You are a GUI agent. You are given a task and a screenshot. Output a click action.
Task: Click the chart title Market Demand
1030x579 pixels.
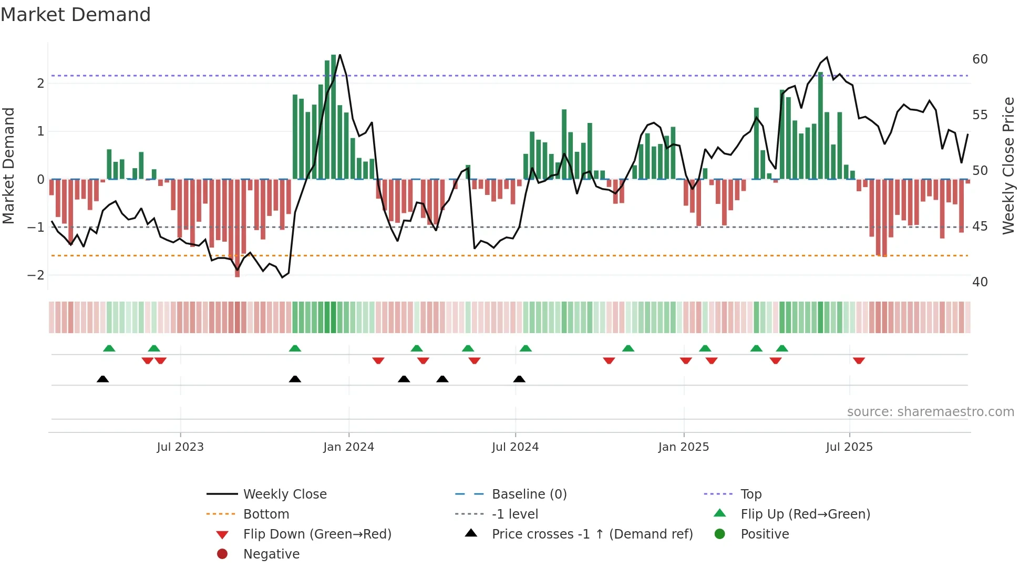point(76,15)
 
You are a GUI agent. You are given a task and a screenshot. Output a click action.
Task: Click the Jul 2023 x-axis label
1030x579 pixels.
point(180,447)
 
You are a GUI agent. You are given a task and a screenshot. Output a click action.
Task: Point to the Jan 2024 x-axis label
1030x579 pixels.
point(348,447)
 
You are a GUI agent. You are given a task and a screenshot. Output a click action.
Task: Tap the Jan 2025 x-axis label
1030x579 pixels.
point(683,447)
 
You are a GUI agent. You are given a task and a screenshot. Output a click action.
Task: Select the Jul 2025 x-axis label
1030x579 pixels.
point(849,447)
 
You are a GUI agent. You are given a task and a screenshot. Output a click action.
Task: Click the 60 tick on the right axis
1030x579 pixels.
point(980,59)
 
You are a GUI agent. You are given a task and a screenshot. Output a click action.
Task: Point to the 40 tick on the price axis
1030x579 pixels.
point(980,282)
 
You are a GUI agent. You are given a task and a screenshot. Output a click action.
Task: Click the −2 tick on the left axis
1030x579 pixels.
point(36,275)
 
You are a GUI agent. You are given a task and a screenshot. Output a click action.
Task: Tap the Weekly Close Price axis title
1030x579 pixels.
point(1008,166)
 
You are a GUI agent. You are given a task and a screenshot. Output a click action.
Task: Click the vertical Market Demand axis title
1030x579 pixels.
point(8,166)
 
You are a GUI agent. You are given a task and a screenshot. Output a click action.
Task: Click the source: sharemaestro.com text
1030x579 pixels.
point(930,412)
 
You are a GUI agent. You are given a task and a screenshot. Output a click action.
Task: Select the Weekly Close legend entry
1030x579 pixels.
point(284,494)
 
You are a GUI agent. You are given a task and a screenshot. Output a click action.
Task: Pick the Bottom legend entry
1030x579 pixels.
point(266,514)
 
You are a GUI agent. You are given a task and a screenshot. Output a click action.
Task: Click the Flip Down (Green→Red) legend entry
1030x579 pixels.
point(317,534)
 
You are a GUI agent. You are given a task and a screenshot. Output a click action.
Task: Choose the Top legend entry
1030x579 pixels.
point(750,494)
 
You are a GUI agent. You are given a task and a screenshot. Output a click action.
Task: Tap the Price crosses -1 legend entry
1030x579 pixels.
point(592,534)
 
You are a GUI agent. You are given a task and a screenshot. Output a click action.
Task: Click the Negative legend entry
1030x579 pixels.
point(271,554)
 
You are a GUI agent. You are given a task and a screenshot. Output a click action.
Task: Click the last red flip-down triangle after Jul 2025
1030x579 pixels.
point(859,360)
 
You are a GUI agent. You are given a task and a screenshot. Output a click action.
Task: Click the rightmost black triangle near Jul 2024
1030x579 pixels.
point(519,379)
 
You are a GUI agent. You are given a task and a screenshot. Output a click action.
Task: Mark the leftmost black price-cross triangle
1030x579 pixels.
point(103,379)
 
